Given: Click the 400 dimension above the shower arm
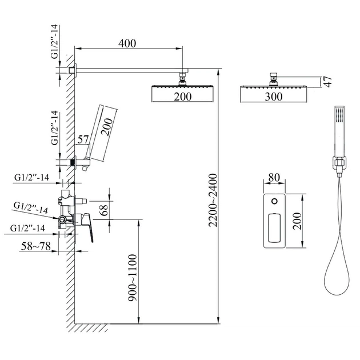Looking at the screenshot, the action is point(127,43).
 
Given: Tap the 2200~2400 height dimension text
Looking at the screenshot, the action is point(213,200).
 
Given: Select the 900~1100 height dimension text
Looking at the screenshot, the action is point(133,278).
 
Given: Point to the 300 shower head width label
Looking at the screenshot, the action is point(274,97).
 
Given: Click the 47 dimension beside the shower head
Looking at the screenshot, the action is point(328,82).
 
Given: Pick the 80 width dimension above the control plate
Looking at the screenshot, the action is point(274,178).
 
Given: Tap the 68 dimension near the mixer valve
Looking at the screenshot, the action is point(104,210).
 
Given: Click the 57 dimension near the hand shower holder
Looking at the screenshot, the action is point(83,139).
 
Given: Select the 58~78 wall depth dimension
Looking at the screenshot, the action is point(36,246).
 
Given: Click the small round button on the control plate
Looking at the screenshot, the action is point(274,201).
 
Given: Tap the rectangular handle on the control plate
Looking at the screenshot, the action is point(274,227).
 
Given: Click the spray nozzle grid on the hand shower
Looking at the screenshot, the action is point(339,114).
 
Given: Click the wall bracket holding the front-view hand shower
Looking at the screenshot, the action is point(339,163).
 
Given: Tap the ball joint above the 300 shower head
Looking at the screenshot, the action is point(274,79).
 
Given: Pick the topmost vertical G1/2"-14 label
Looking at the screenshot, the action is point(55,42).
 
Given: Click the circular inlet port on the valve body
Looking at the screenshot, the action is point(62,219).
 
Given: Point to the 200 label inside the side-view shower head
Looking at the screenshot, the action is point(182,97).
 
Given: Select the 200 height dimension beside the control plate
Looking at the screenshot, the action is point(297,221).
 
